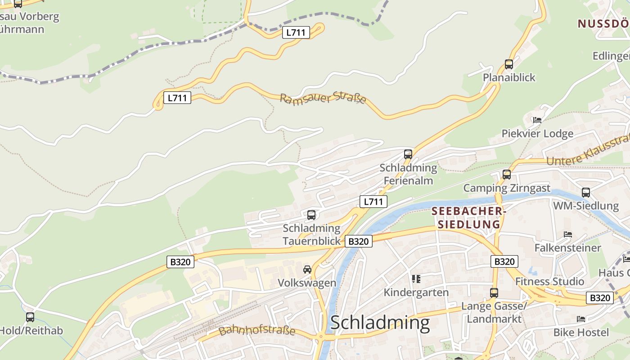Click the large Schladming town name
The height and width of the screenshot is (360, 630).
[380, 323]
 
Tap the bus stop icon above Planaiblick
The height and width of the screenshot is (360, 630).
[509, 64]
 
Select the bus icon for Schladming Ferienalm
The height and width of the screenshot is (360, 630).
[408, 154]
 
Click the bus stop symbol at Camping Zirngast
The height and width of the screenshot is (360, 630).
[507, 175]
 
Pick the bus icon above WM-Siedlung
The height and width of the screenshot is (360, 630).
[585, 193]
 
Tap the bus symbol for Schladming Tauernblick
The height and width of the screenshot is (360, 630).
[311, 215]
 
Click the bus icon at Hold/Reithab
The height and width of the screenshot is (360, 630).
[30, 317]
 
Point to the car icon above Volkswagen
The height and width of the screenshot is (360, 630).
[307, 270]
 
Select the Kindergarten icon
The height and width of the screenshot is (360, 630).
[416, 279]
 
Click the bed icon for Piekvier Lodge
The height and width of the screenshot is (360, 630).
[537, 120]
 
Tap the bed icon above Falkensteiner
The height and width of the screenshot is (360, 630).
[568, 234]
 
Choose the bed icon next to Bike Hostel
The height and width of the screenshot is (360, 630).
[581, 319]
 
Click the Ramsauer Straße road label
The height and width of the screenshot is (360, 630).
[323, 98]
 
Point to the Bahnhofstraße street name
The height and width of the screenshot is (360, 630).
[257, 331]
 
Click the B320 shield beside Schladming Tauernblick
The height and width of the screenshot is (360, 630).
[359, 241]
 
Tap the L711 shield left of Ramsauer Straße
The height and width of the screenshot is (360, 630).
[177, 98]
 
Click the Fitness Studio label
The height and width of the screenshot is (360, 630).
[549, 282]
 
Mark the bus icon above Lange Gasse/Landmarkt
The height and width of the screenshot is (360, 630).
[494, 293]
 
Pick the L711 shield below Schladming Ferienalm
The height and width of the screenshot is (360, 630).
[373, 202]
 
